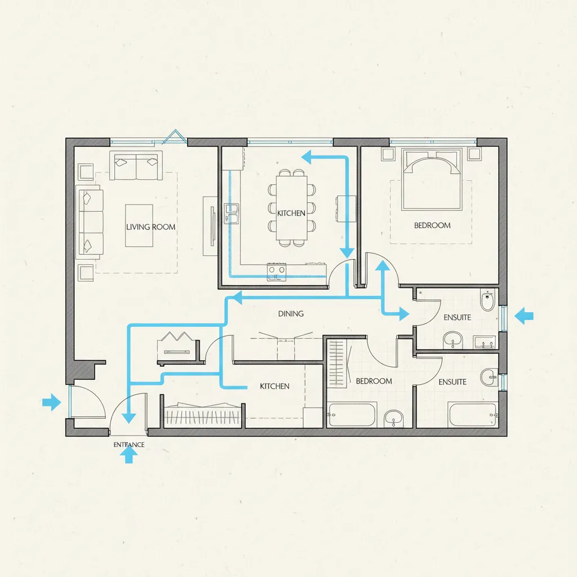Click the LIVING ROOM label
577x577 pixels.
[150, 227]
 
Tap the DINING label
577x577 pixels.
[291, 313]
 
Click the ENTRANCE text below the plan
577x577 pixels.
[129, 445]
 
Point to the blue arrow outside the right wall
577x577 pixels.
[524, 316]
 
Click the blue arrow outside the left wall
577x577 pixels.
[51, 402]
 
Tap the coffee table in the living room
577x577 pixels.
[139, 225]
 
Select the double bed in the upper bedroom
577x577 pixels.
[432, 179]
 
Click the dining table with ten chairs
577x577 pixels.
[291, 208]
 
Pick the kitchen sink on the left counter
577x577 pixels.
[232, 214]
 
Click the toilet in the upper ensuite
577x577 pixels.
[487, 300]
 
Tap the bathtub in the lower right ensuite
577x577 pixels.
[473, 415]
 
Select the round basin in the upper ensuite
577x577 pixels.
[452, 339]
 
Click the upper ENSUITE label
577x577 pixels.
[457, 317]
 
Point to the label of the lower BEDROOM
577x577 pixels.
[374, 381]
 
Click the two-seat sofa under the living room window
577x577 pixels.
[136, 166]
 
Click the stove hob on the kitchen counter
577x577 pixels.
[277, 272]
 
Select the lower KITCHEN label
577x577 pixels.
[274, 386]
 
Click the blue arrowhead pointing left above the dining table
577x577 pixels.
[307, 157]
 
